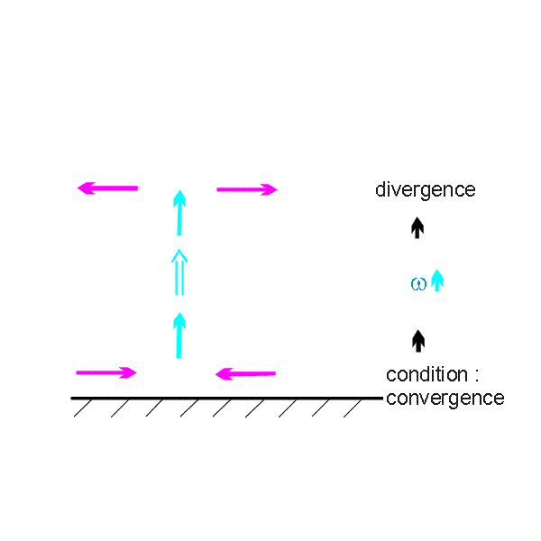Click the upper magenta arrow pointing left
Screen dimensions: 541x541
107,188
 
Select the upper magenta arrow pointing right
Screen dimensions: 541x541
247,189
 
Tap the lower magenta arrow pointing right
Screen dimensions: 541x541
106,372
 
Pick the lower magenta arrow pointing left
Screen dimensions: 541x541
245,373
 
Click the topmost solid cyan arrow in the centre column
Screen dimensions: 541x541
179,213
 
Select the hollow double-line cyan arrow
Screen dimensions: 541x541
179,272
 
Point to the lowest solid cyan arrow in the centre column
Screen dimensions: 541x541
179,335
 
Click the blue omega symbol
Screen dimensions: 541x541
418,284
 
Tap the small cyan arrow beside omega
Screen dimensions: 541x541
437,280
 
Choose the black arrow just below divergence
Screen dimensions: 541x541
417,228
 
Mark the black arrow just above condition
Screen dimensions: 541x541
418,341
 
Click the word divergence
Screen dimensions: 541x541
426,189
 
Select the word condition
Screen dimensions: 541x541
426,374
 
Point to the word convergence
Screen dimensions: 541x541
445,399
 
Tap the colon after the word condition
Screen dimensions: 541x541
477,376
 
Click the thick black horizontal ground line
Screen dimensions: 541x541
227,399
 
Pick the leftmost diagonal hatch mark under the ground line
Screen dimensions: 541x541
83,408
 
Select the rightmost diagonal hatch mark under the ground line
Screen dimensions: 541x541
353,408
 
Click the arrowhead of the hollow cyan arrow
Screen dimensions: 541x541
179,256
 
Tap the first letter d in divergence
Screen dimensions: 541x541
381,189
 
